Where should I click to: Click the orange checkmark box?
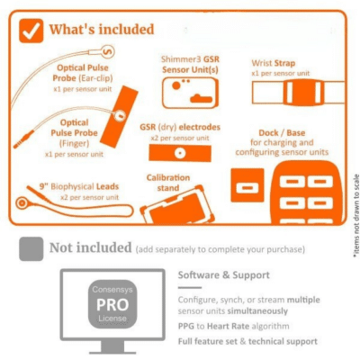tap(31, 31)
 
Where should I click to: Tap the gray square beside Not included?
tap(31, 248)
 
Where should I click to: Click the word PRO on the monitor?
tap(112, 305)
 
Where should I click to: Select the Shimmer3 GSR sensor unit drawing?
tap(190, 93)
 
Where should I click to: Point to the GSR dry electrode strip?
tap(180, 153)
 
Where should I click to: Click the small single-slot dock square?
tap(247, 185)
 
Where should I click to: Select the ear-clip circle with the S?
tap(107, 52)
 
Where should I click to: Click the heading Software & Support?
tap(224, 275)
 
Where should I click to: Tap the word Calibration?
tap(168, 177)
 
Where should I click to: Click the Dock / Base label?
tap(282, 133)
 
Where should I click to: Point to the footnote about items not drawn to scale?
tap(356, 216)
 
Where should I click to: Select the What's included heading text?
tap(102, 30)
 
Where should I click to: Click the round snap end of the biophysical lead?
tap(22, 203)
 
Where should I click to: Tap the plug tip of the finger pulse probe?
tap(15, 146)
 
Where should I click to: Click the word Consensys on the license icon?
tap(112, 290)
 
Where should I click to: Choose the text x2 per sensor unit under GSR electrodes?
tap(180, 139)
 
